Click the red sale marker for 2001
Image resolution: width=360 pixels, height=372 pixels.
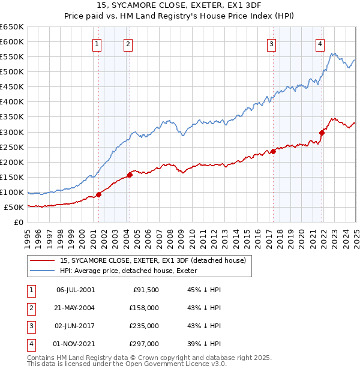[98, 194]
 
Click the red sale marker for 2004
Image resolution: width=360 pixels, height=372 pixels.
[130, 175]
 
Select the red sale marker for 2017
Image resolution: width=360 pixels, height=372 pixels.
[273, 151]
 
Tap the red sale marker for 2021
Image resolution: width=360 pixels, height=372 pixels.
[322, 133]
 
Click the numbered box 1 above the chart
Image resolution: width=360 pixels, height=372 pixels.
[97, 43]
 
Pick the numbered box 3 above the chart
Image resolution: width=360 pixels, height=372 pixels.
[271, 43]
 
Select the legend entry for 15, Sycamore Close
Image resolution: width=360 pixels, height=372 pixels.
[153, 260]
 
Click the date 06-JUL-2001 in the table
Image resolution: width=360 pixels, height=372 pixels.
[75, 290]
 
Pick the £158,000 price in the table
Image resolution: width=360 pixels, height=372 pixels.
[145, 308]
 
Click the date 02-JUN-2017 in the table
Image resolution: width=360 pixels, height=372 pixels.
[75, 326]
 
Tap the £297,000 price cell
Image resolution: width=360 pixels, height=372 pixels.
[145, 344]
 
